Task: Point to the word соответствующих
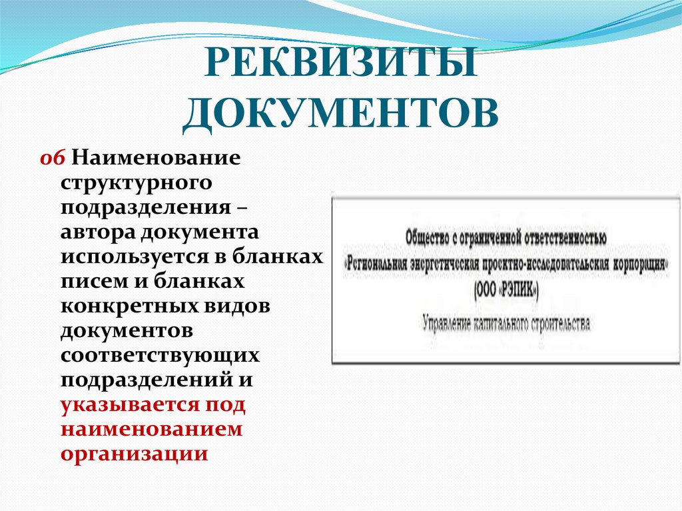(160, 355)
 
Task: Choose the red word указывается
(127, 404)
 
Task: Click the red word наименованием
(152, 429)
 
